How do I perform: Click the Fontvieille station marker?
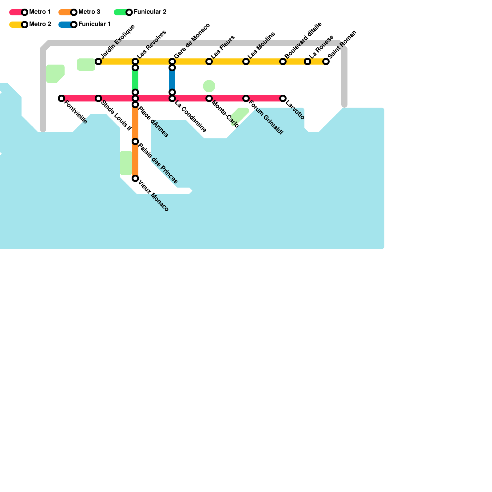[61, 98]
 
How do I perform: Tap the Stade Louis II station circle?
[98, 98]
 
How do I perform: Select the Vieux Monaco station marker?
[135, 178]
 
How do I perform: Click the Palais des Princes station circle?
[135, 141]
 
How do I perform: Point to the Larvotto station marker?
[283, 98]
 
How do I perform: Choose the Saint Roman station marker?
[326, 61]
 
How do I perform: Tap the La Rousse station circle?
[307, 61]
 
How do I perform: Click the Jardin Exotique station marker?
[98, 61]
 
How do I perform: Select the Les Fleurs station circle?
[209, 61]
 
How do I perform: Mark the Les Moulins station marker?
[246, 61]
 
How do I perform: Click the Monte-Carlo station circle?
[209, 98]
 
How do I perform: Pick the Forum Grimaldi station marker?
[246, 98]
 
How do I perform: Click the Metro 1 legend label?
[40, 12]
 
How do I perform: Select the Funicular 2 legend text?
[150, 12]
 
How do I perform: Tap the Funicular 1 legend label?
[94, 24]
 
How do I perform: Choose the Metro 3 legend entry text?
[89, 12]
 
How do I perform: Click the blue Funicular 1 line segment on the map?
[172, 80]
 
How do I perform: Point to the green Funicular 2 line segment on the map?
[135, 80]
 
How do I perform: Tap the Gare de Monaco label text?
[192, 41]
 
